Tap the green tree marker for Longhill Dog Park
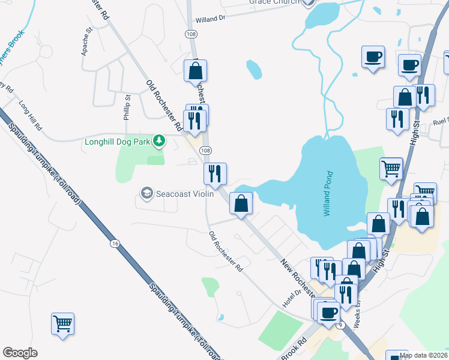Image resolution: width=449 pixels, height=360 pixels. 158,142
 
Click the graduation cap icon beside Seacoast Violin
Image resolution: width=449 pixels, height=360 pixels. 146,193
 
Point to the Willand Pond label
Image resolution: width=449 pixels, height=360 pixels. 329,194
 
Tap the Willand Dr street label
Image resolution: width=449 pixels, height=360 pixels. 210,19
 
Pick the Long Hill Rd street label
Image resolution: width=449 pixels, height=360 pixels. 29,116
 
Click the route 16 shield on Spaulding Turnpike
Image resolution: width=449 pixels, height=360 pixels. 115,243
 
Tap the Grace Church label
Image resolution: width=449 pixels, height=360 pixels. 274,2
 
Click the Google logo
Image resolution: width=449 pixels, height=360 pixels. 20,353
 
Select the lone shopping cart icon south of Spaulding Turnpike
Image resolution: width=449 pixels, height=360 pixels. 62,324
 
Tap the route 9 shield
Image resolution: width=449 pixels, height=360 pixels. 341,325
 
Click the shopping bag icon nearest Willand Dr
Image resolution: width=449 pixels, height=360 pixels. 196,71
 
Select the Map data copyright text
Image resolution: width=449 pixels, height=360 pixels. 424,355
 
